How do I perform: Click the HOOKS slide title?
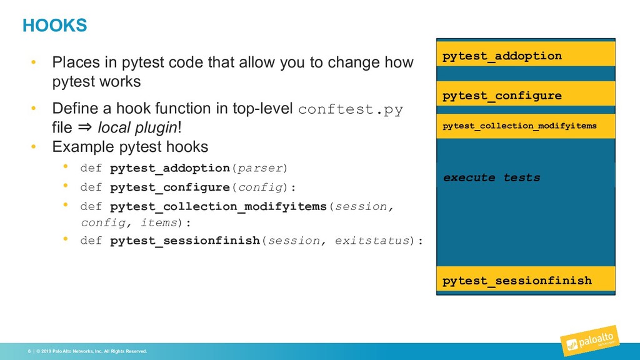tap(54, 26)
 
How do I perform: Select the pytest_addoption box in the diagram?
tap(525, 56)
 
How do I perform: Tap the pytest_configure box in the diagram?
tap(525, 96)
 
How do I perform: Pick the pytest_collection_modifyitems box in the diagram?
tap(525, 126)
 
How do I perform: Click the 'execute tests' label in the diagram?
tap(491, 177)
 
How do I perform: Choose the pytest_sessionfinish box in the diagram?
tap(525, 281)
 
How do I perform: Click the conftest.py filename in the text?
tap(351, 109)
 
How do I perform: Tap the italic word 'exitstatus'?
tap(371, 241)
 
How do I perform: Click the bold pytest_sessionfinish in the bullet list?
tap(184, 241)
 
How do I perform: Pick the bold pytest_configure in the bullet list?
tap(169, 187)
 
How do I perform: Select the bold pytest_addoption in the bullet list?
tap(169, 168)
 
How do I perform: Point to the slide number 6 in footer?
tap(29, 351)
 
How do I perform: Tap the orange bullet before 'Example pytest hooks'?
tap(35, 147)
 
